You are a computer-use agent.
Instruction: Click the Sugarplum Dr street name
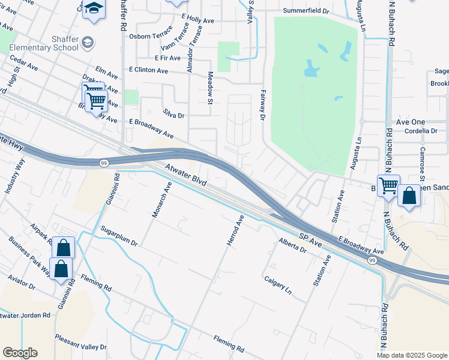119,236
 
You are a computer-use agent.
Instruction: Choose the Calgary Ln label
278,284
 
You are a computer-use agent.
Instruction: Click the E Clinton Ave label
148,70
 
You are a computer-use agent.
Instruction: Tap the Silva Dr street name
173,113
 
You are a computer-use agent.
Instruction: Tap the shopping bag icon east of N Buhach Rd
409,196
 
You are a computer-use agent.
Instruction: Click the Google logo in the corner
20,353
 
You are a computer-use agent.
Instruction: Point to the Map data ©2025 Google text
412,355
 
